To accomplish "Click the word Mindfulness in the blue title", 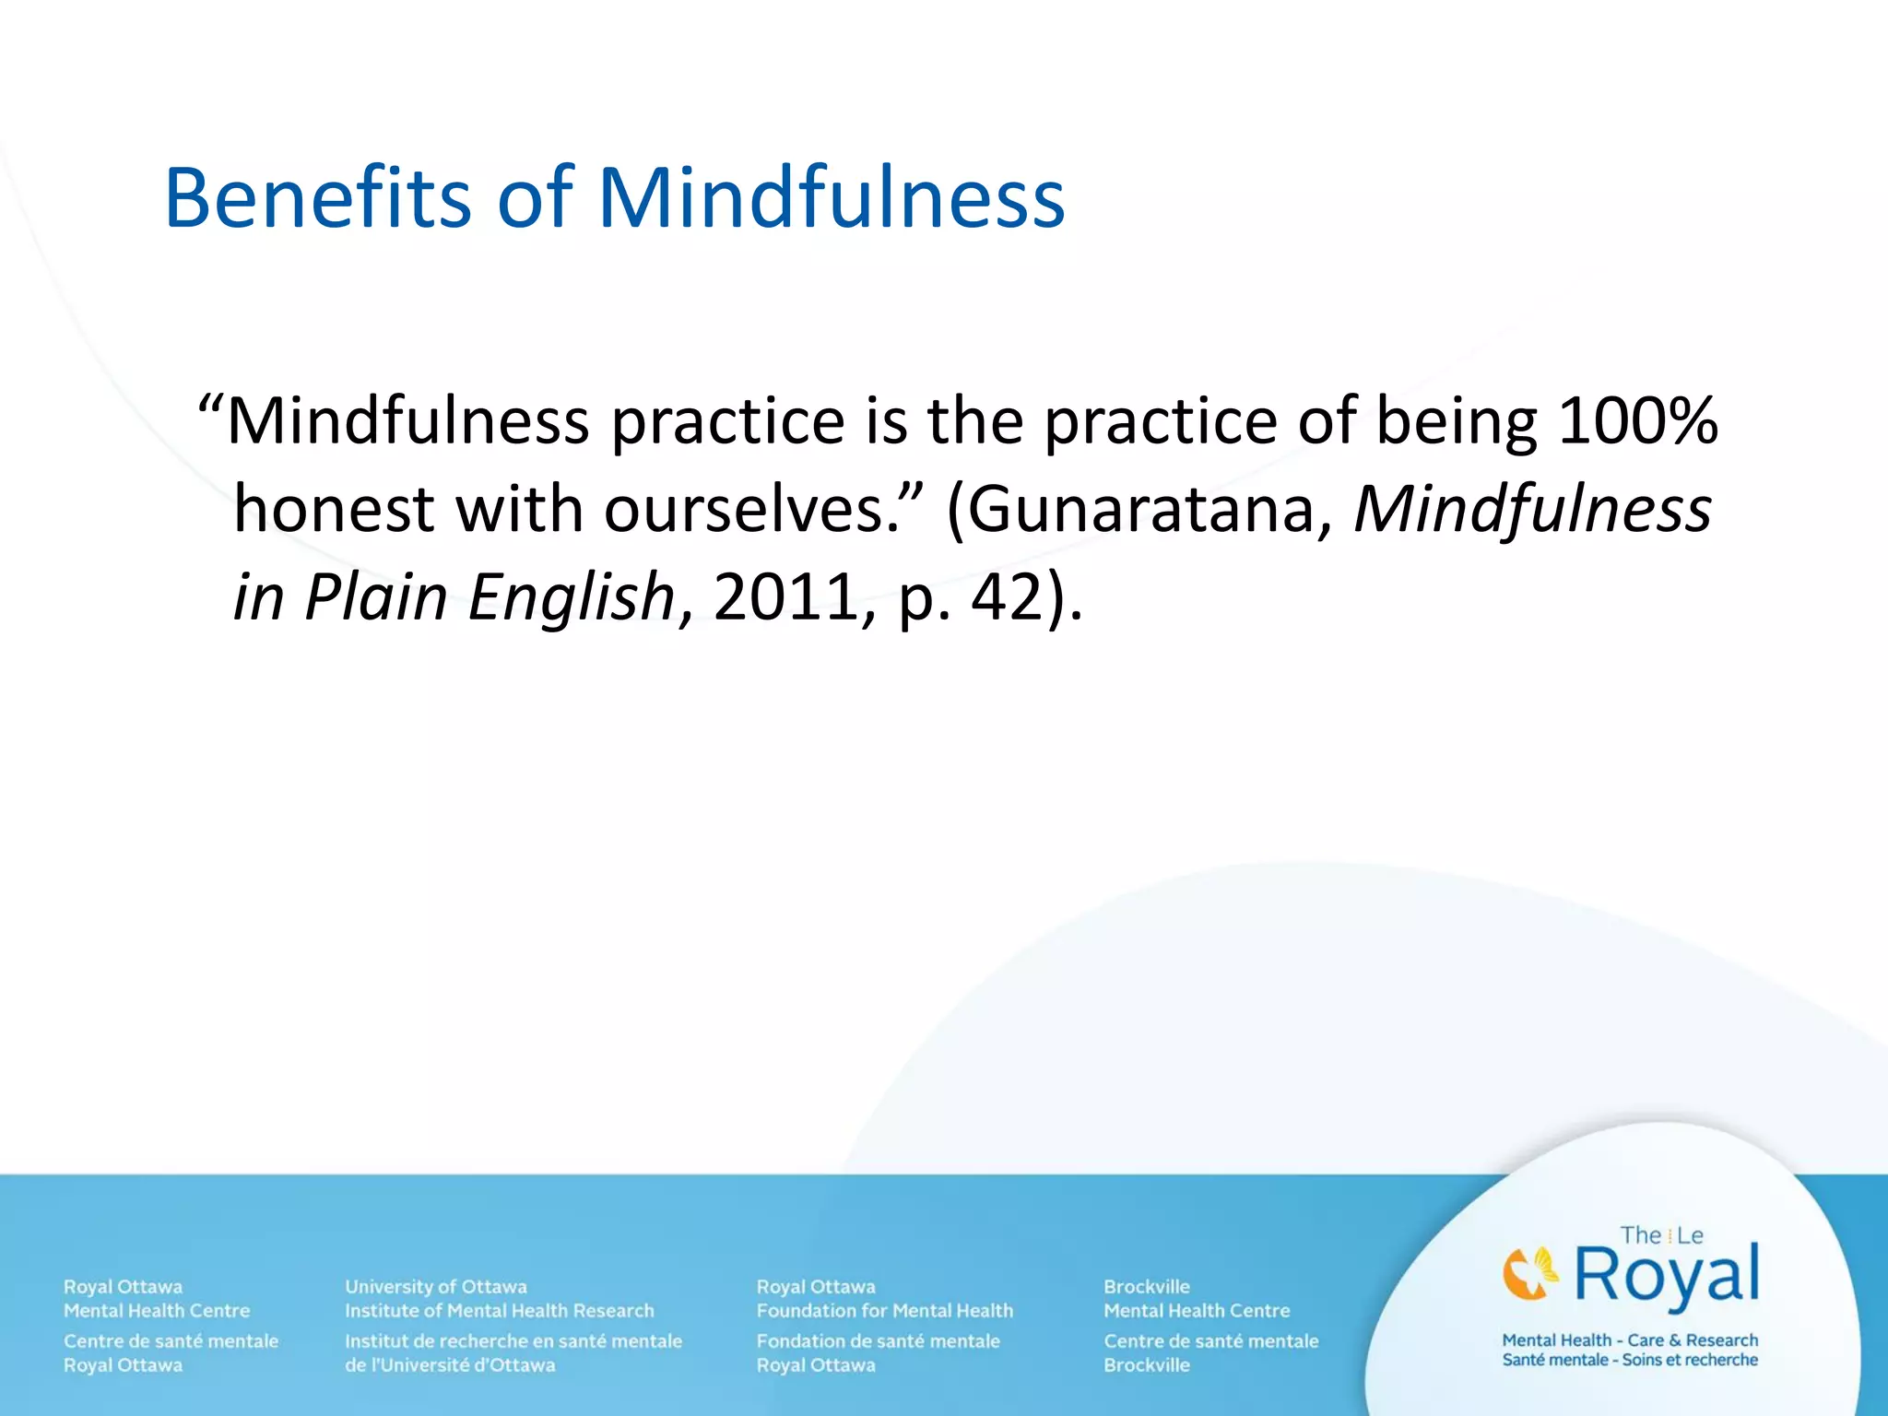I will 832,198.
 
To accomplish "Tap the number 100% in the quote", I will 1637,421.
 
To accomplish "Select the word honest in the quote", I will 334,510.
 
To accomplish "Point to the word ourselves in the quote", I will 745,510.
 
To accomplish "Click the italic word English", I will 572,597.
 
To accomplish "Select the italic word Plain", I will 376,597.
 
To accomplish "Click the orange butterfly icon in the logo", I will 1529,1273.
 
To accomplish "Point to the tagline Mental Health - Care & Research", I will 1630,1339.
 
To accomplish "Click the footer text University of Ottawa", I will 436,1286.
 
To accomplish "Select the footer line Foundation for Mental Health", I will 885,1310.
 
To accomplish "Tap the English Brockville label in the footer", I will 1147,1286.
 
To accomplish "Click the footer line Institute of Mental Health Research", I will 500,1310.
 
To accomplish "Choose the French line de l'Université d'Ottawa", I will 450,1364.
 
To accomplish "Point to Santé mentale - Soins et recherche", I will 1630,1360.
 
